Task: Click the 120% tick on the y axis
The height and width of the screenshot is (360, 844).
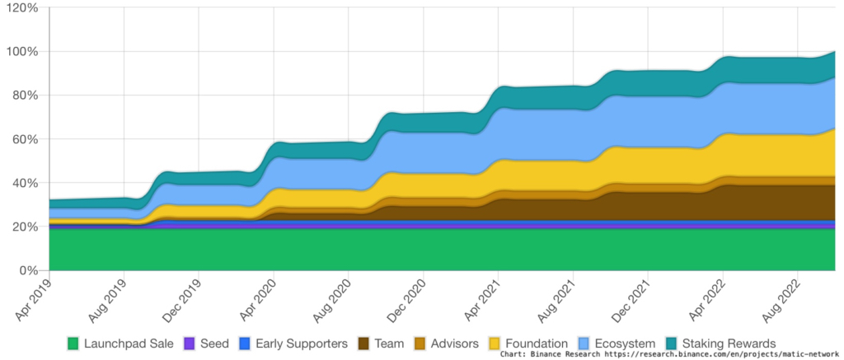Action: [21, 7]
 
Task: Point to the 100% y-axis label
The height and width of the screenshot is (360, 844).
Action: [21, 51]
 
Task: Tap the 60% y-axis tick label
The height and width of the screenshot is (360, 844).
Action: [25, 139]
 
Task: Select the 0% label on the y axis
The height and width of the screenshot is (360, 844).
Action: [29, 270]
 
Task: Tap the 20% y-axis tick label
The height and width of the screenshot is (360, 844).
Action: [25, 227]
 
